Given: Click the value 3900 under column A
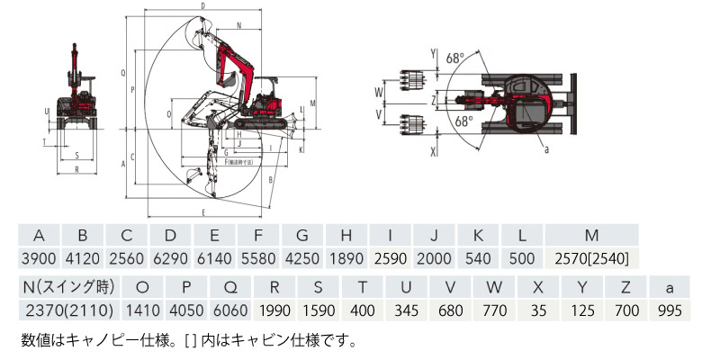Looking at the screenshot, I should (x=39, y=259).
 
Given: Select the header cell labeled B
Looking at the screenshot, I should (x=83, y=236).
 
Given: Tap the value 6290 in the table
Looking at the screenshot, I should (x=170, y=259).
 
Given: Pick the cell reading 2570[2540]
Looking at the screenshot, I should (x=590, y=259).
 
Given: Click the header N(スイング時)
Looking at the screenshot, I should (x=65, y=288).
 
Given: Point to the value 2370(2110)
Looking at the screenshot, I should (x=65, y=311).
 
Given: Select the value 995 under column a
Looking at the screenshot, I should (x=669, y=311).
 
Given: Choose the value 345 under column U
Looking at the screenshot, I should (x=406, y=311).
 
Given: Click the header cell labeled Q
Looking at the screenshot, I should (x=229, y=288).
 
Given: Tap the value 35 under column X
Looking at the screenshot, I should (x=538, y=311).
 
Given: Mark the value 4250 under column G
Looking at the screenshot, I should (x=302, y=259).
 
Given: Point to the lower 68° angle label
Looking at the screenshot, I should (x=463, y=120).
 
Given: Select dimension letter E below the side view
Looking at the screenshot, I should (x=205, y=212).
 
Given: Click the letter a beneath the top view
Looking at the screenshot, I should (x=547, y=150).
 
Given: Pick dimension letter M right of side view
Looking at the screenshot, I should (x=311, y=103).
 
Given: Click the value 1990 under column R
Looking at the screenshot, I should (x=274, y=311).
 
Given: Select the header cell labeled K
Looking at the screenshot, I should (x=478, y=236).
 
